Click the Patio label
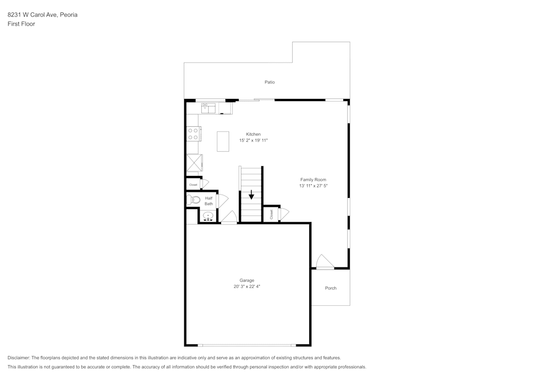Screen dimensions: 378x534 pos(270,82)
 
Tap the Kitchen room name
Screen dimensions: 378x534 pos(253,134)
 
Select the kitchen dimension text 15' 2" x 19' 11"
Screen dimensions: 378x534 pos(253,141)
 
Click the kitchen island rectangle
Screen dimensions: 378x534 pos(223,141)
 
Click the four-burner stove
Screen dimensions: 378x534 pos(193,134)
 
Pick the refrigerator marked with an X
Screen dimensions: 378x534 pos(193,163)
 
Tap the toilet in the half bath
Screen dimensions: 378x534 pos(193,200)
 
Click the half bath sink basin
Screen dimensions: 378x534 pos(208,217)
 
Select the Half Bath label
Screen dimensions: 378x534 pos(208,201)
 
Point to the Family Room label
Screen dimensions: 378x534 pos(313,180)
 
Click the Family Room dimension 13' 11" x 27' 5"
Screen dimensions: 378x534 pos(313,186)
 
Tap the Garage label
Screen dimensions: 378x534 pos(247,280)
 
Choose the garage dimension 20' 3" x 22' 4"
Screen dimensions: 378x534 pos(247,287)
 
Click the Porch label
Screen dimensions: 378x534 pos(331,288)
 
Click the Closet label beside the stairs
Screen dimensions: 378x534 pos(271,214)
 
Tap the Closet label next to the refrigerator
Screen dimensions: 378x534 pos(193,185)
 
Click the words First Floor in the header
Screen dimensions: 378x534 pos(21,24)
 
